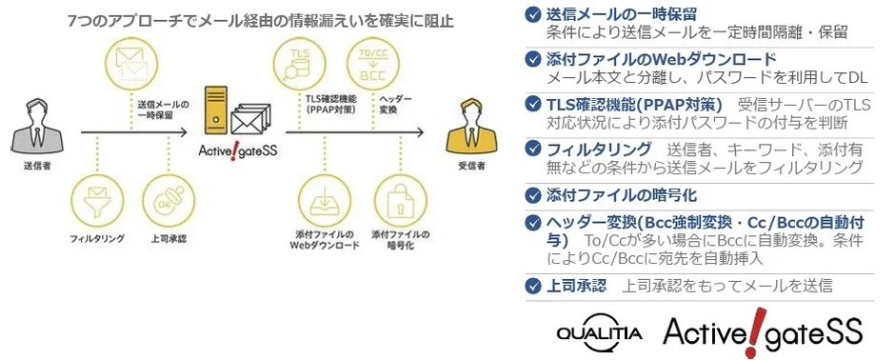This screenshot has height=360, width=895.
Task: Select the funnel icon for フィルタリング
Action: (95, 198)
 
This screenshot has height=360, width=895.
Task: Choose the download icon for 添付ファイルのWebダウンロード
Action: (322, 197)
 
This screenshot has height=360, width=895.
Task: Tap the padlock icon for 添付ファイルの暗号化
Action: (397, 197)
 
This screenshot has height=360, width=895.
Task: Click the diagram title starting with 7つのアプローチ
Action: (261, 19)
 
